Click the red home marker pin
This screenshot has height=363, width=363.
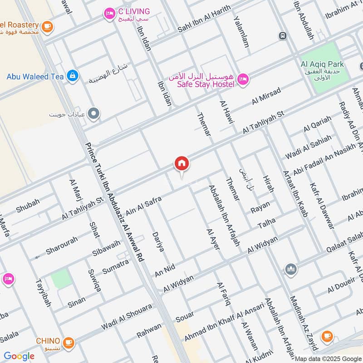coord(182,164)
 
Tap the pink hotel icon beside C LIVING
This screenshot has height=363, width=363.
coord(109,14)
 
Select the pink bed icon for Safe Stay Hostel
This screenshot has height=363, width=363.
coord(243,80)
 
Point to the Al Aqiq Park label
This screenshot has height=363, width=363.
coord(322,64)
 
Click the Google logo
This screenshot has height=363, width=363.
coord(19,356)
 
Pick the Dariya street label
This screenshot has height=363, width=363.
coord(158,243)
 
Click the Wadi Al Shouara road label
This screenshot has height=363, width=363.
coord(127,317)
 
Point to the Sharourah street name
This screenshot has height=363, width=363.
coord(62,245)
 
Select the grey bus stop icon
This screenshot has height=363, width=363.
coord(283,35)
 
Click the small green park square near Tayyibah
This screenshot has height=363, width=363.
coord(61,278)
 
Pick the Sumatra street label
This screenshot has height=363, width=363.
coord(116,265)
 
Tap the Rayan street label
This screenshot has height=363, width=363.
coord(260,207)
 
